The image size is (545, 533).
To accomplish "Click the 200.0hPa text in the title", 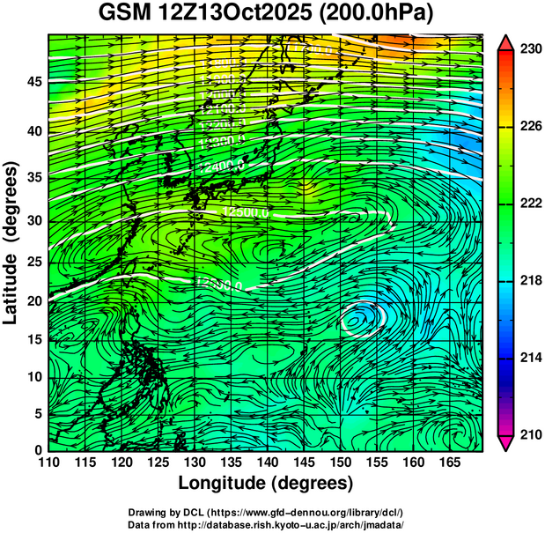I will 380,15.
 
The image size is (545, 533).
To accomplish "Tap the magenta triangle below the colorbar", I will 504,442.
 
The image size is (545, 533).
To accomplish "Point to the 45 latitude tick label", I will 32,82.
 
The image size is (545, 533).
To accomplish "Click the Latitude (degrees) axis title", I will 11,242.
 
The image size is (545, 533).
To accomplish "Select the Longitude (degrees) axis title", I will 266,484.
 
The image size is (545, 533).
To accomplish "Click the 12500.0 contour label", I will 247,211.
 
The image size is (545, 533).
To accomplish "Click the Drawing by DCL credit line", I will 266,513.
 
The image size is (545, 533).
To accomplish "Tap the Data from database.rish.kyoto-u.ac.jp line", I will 266,524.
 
